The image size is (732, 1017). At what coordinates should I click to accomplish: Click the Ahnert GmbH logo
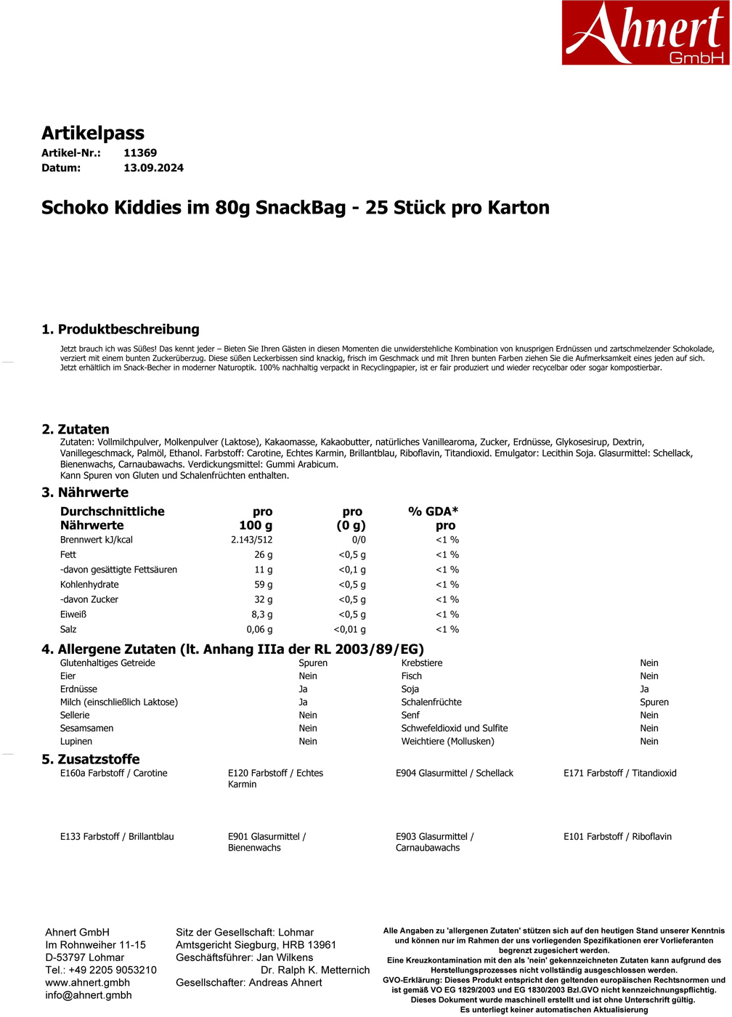click(x=645, y=33)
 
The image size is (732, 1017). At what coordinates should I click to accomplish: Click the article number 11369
click(x=140, y=153)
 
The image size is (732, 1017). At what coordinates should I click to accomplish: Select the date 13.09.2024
click(x=153, y=168)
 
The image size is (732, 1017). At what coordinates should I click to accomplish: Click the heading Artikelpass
click(x=93, y=133)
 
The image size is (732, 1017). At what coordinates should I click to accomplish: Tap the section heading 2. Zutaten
click(x=76, y=429)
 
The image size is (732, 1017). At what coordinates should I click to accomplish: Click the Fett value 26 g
click(x=263, y=555)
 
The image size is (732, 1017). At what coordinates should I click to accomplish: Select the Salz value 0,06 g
click(x=259, y=630)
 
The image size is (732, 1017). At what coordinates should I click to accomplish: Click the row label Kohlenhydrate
click(x=89, y=585)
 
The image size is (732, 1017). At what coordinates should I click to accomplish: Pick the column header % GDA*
click(x=433, y=511)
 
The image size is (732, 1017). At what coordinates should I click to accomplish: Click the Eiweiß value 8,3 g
click(x=261, y=615)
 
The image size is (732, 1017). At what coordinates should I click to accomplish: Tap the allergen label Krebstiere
click(x=422, y=663)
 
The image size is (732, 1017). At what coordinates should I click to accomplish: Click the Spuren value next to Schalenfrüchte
click(x=654, y=702)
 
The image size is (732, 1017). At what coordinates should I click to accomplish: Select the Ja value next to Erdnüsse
click(x=303, y=689)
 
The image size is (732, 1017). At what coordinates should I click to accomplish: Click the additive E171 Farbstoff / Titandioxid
click(x=619, y=774)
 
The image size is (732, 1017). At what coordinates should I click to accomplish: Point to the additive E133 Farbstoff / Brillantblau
click(x=117, y=837)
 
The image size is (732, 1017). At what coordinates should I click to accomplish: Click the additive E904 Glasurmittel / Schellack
click(x=454, y=774)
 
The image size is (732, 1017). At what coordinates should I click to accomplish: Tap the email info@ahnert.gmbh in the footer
click(x=88, y=995)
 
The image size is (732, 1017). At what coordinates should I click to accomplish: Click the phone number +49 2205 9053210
click(x=111, y=970)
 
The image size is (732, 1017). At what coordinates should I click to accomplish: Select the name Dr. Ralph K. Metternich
click(x=315, y=970)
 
